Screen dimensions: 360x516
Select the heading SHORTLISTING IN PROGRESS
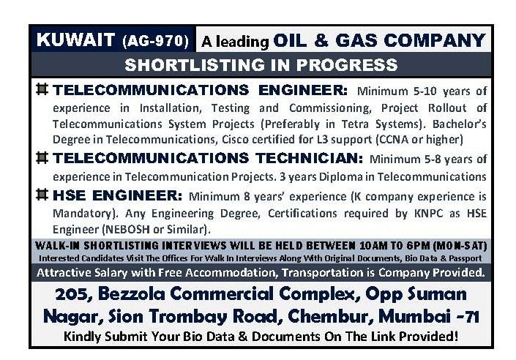point(261,64)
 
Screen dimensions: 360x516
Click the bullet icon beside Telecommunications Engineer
point(42,91)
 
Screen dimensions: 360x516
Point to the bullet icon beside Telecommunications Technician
point(42,157)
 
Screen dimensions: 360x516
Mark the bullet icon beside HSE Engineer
point(42,195)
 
